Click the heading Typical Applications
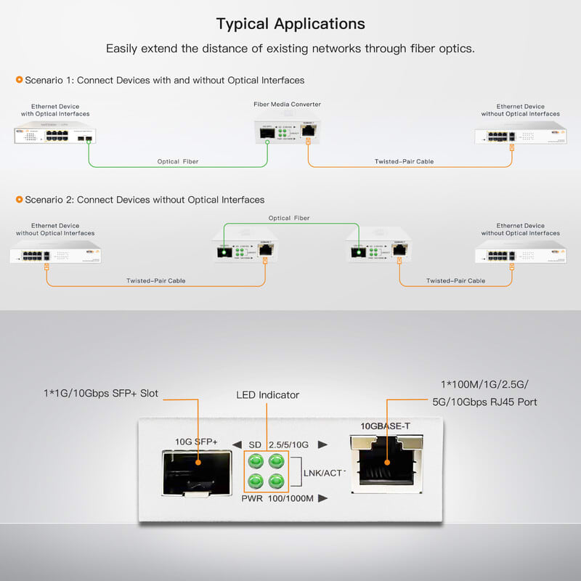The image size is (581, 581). [x=290, y=23]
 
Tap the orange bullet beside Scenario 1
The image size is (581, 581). [x=19, y=80]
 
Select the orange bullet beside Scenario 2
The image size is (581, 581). [x=19, y=199]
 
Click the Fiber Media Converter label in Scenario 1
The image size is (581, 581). [x=287, y=105]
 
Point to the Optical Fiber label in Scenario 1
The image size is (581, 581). [x=178, y=161]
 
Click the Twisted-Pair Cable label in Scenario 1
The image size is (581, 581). [x=404, y=161]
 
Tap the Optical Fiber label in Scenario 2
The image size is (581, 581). [x=289, y=218]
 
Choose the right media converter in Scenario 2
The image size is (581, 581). [x=378, y=247]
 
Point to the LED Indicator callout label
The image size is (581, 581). [x=267, y=395]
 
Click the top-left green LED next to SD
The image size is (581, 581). [x=255, y=460]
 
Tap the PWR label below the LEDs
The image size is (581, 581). [x=252, y=498]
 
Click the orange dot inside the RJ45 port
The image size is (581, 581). [x=387, y=460]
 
